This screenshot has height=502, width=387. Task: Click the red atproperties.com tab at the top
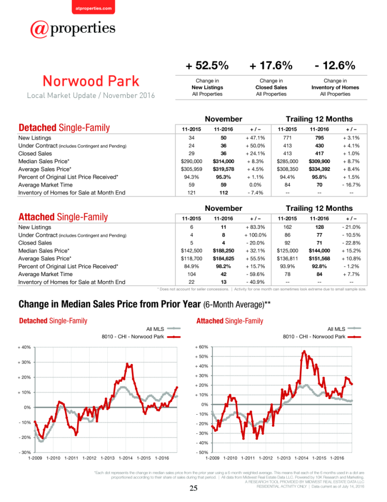click(x=93, y=8)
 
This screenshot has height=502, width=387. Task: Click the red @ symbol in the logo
click(x=39, y=29)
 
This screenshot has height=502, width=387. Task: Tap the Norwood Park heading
click(x=91, y=81)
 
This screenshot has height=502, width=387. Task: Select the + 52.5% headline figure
click(x=207, y=66)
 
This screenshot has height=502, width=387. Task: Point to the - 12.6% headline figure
click(x=335, y=66)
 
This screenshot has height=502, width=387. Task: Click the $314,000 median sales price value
click(x=224, y=161)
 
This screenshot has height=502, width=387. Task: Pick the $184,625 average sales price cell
click(x=224, y=259)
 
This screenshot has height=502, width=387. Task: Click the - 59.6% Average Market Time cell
click(x=255, y=275)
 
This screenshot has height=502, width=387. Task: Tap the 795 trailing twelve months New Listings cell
click(x=319, y=138)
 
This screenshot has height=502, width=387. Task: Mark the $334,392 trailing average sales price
click(x=319, y=169)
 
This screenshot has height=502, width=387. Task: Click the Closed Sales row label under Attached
click(x=35, y=243)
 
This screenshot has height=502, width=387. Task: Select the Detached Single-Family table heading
click(x=64, y=128)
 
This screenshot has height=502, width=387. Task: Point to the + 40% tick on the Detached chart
click(x=24, y=347)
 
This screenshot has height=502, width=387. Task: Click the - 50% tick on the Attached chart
click(x=202, y=453)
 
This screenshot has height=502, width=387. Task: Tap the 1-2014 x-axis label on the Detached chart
click(x=126, y=458)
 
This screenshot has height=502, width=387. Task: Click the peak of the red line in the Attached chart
click(x=304, y=351)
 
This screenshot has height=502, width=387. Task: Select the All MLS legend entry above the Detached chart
click(x=163, y=329)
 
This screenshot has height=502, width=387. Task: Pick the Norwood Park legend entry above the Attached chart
click(x=322, y=337)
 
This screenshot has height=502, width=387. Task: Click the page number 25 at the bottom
click(x=193, y=488)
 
